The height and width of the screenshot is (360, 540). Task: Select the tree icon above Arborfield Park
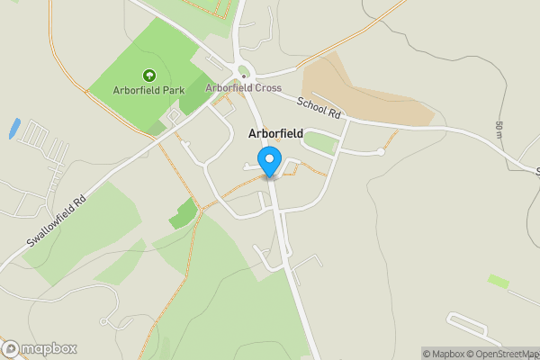[x=148, y=76]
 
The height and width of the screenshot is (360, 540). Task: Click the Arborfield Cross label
[x=243, y=88]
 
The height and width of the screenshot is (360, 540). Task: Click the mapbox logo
[x=40, y=348]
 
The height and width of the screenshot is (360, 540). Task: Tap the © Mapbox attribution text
[x=444, y=354]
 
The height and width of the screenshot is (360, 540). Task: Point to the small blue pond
[x=13, y=128]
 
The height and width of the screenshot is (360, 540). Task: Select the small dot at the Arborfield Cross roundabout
[x=244, y=76]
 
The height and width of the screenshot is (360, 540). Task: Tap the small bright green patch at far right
[x=498, y=282]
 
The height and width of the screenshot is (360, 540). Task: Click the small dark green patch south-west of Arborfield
[x=183, y=214]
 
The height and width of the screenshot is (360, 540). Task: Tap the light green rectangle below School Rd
[x=320, y=142]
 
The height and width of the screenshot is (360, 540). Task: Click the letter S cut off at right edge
[x=536, y=171]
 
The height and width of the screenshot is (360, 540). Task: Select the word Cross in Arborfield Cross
[x=266, y=88]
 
